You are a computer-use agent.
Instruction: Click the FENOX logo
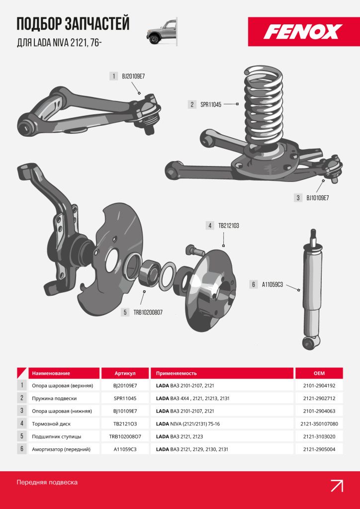(x=303, y=32)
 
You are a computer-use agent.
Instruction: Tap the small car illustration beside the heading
(x=162, y=31)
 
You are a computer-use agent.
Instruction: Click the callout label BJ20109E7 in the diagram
(x=133, y=77)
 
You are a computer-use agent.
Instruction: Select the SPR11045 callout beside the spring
(x=211, y=104)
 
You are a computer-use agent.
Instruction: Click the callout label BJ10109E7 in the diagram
(x=317, y=198)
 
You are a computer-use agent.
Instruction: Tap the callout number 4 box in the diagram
(x=210, y=226)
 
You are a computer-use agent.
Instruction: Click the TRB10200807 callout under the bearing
(x=148, y=313)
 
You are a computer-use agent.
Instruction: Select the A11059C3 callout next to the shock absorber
(x=272, y=285)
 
